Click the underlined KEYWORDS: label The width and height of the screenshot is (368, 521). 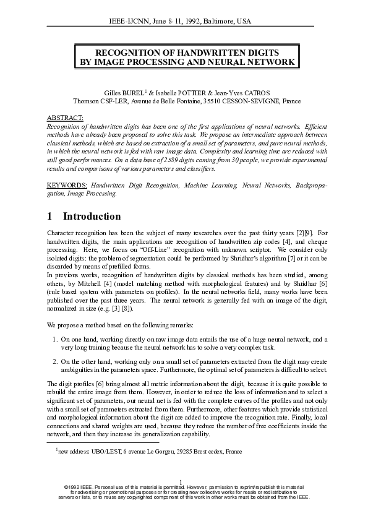point(67,185)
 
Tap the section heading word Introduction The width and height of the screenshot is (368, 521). point(92,217)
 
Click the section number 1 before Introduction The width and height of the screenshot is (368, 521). point(50,217)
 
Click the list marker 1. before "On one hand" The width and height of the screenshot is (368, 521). point(56,339)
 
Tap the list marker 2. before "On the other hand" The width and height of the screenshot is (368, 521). point(56,361)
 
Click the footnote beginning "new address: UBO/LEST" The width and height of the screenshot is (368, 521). point(149,452)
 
